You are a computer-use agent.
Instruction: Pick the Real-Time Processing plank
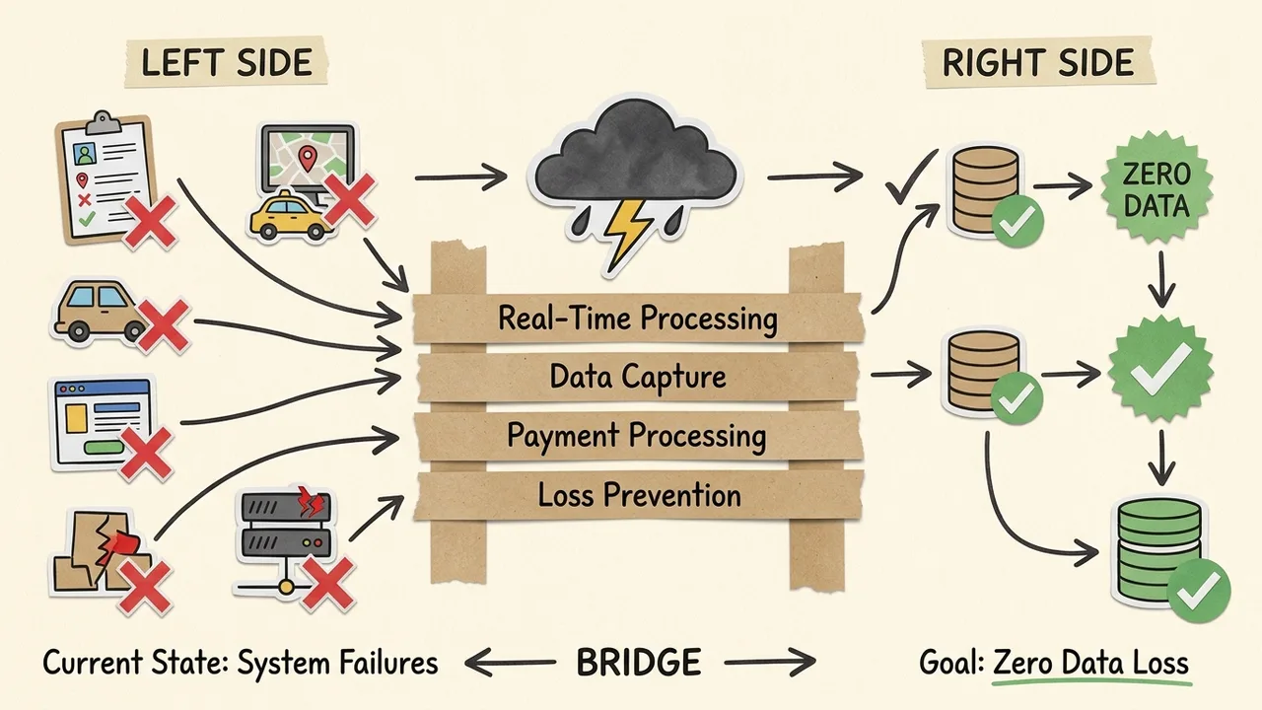click(638, 319)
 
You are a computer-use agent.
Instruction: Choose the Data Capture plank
click(638, 377)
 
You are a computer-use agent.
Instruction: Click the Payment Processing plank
click(638, 436)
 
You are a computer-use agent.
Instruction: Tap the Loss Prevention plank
click(638, 494)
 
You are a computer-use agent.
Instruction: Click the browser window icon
click(104, 421)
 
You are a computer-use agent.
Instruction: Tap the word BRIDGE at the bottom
click(638, 663)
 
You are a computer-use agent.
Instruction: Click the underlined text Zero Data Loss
click(1091, 663)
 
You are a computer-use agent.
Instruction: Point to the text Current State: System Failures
click(240, 663)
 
